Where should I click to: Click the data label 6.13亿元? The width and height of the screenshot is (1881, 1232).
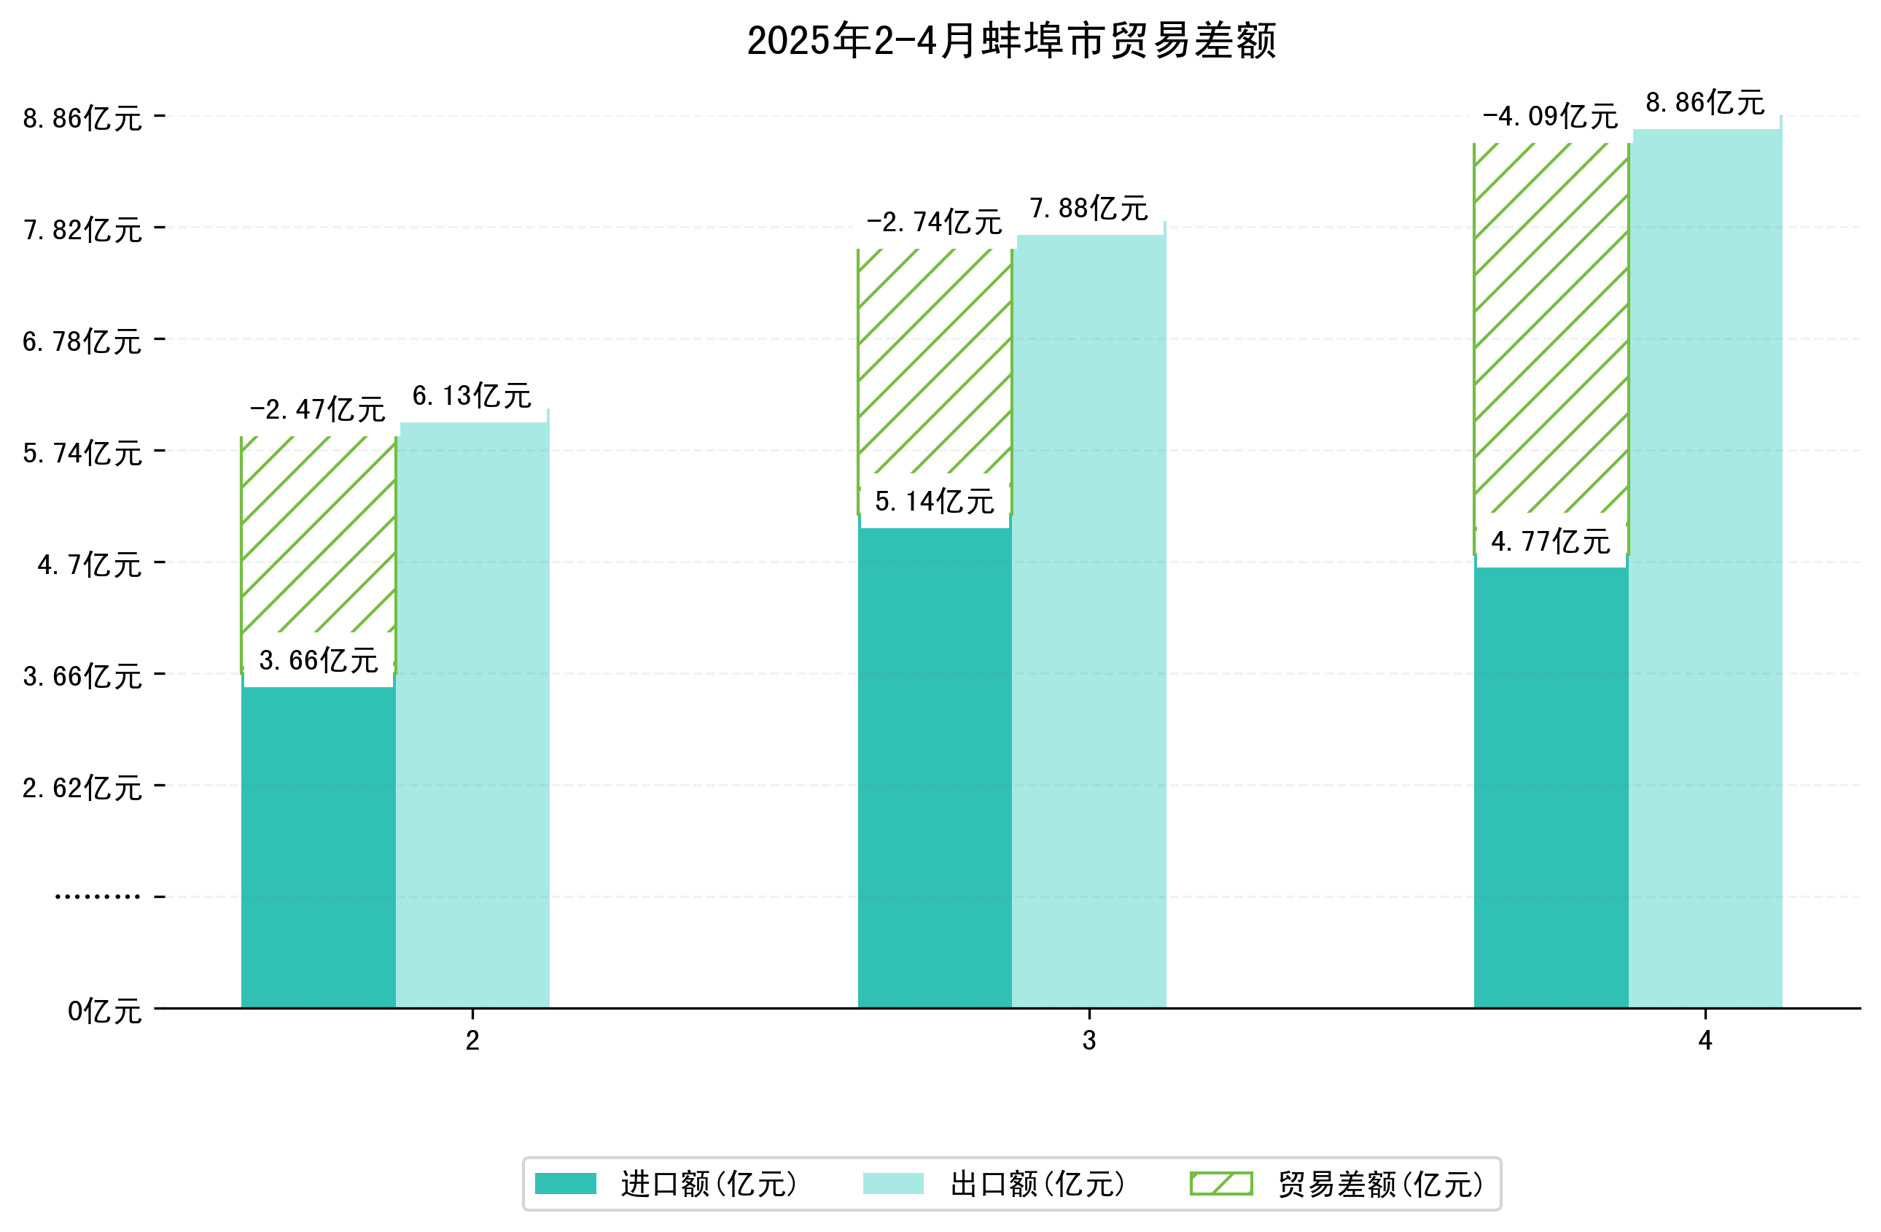[472, 395]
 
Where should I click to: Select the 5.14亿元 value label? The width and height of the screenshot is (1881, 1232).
[934, 501]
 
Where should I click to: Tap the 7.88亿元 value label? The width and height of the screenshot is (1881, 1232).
[1089, 209]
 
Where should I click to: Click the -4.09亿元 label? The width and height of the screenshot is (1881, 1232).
[1550, 117]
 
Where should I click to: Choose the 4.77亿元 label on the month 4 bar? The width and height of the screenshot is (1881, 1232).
[1550, 542]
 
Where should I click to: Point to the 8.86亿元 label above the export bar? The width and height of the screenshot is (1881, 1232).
[1705, 103]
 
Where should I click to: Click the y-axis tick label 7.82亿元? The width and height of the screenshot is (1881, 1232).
[82, 230]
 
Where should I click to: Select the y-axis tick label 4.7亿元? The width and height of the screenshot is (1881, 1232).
[89, 565]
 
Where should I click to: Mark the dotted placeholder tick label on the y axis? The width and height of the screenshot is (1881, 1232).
[97, 896]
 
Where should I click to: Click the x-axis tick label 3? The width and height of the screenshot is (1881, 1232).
[1089, 1041]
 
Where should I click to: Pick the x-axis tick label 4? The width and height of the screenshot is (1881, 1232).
[1705, 1041]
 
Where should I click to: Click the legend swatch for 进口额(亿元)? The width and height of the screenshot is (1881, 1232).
[565, 1184]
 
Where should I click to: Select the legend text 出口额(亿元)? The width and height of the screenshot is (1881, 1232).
[1037, 1184]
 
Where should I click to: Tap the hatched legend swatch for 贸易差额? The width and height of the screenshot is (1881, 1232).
[1221, 1184]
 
